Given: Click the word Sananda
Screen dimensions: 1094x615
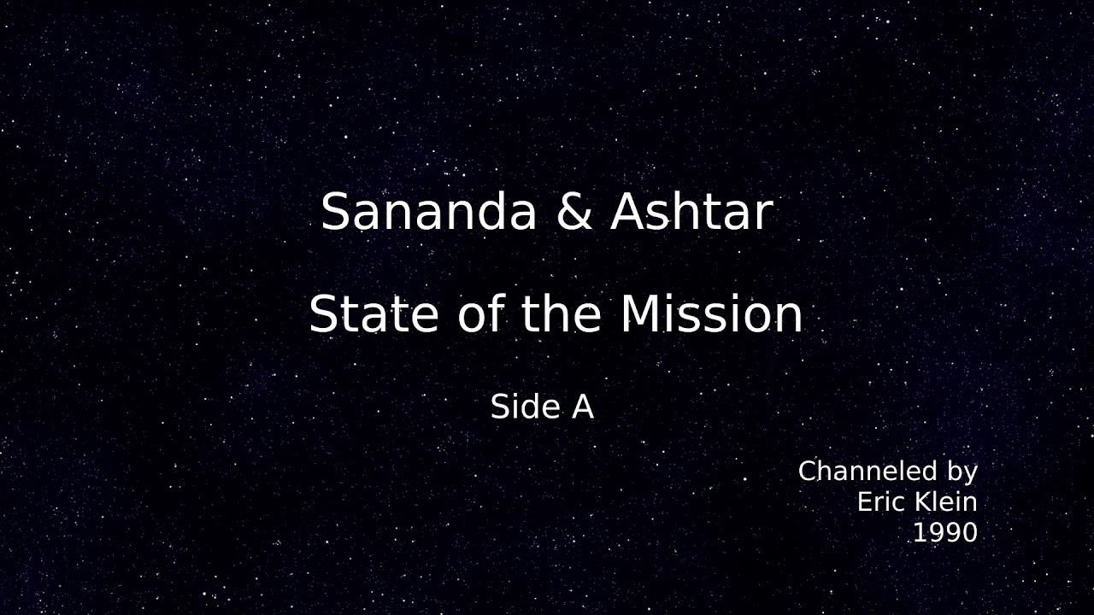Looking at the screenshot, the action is coord(429,212).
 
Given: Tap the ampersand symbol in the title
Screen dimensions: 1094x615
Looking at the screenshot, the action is coord(574,212).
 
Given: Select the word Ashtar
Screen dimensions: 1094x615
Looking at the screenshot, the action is coord(692,211).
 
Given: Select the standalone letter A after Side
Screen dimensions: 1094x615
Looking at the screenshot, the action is coord(583,407).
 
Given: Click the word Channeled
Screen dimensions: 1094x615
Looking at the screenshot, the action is coord(868,471).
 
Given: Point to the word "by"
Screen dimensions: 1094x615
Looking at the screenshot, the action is coord(962,472).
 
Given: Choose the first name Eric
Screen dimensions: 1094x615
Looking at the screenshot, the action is coord(881,501).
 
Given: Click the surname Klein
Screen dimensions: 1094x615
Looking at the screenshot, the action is coord(946,501).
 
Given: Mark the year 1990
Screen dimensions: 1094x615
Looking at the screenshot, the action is coord(945,532).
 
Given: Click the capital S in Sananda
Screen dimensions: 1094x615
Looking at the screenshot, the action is coord(335,212).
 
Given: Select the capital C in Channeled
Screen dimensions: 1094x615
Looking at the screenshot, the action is coord(808,471).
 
